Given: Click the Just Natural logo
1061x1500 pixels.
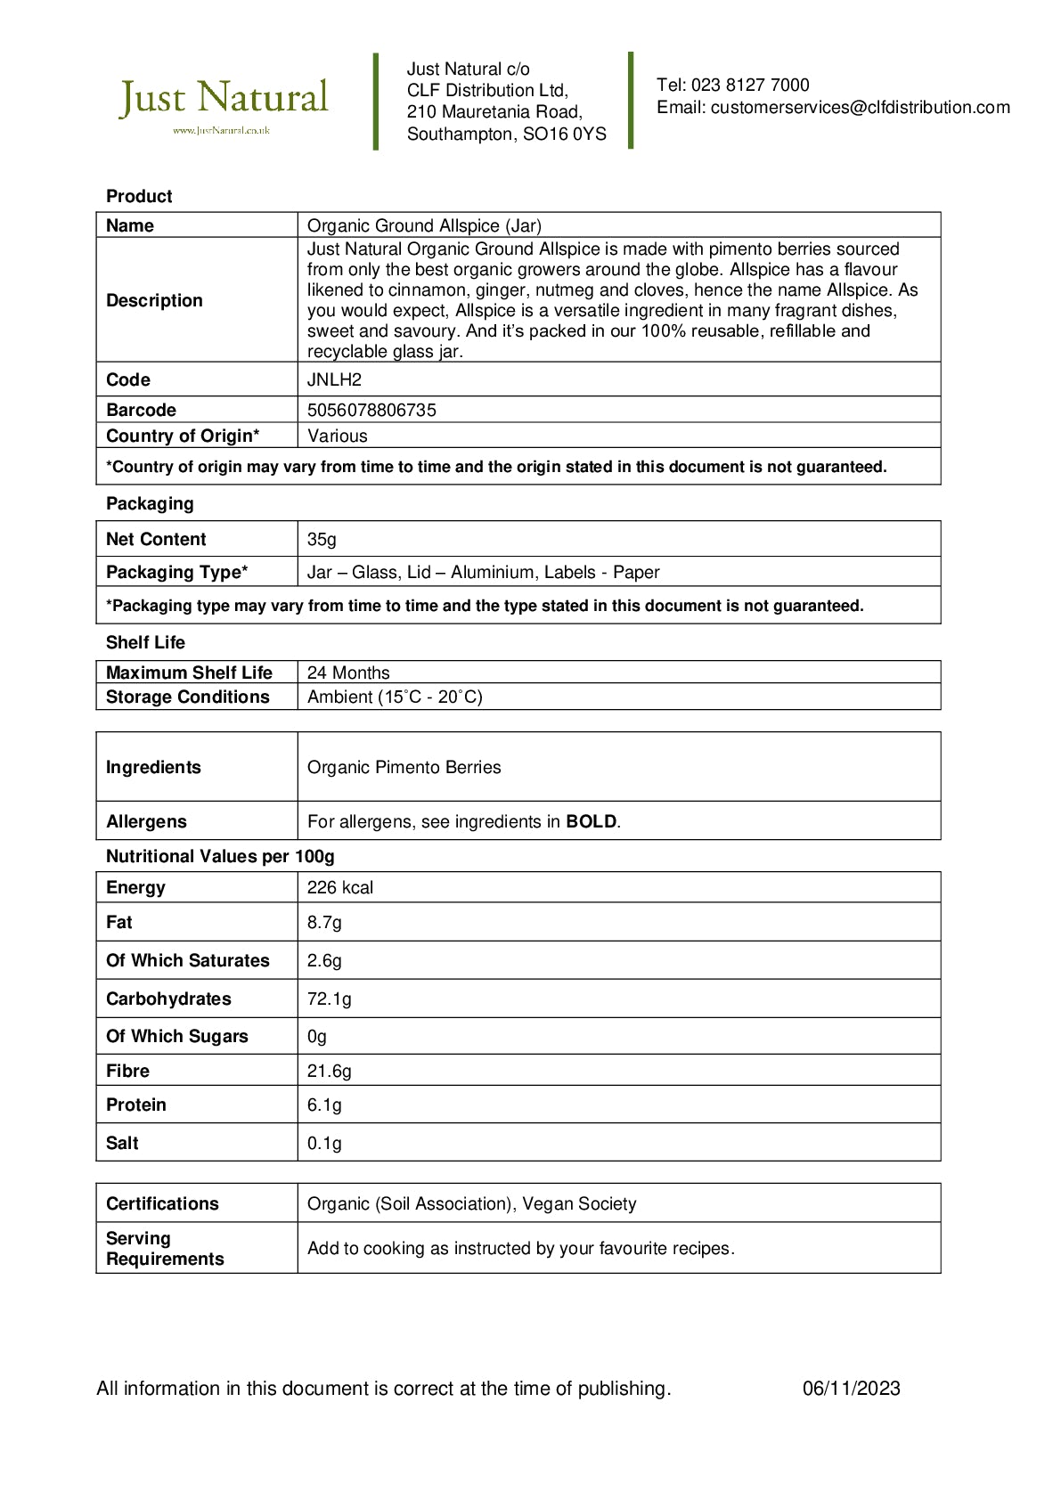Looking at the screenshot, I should point(224,103).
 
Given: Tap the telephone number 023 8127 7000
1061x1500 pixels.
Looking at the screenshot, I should point(750,86).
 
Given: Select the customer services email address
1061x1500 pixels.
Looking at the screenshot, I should point(860,108).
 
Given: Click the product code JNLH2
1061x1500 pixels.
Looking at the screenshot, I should point(334,380).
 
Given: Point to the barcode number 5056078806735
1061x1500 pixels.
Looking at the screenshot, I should point(371,411).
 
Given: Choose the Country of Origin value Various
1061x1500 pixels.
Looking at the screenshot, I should point(337,436).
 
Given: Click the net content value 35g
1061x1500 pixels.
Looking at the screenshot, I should point(322,540).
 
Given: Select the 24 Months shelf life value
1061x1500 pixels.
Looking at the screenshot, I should point(348,673).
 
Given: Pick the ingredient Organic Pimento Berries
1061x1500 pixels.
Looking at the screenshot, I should point(404,768).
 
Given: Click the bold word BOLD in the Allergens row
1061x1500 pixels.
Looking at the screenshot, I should point(591,822).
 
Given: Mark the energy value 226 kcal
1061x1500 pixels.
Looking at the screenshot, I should point(339,888).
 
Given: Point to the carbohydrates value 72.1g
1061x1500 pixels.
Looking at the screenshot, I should point(329,999).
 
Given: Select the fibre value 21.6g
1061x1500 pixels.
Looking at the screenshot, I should point(329,1072).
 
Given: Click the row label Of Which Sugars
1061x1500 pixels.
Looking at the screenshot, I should point(176,1037).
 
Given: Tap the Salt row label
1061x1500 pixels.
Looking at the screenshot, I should point(122,1144).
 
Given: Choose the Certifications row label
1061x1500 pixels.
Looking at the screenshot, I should point(162,1204).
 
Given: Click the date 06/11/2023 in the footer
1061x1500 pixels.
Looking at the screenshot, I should point(851,1389).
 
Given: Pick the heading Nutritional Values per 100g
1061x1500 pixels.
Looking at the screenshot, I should point(220,857).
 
